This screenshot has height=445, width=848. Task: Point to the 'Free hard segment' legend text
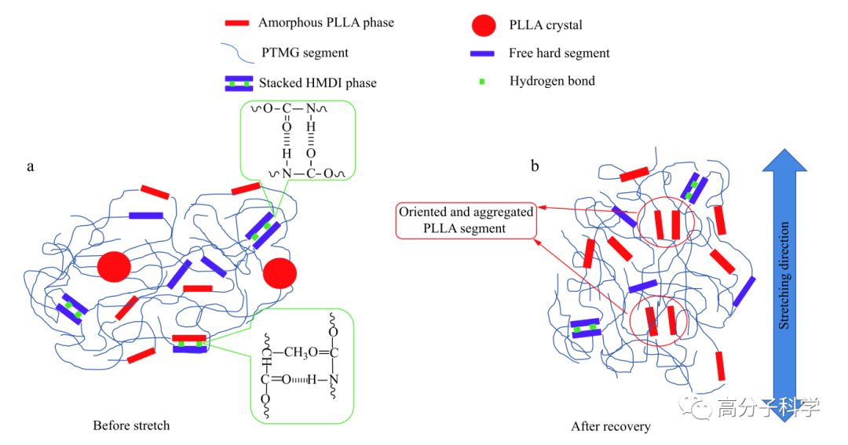[x=559, y=53]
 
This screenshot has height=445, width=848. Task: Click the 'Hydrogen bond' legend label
[x=552, y=81]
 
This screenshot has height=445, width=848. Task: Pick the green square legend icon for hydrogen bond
[x=484, y=81]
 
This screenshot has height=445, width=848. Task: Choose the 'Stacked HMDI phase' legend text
[x=315, y=83]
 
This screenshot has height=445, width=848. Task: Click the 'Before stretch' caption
[x=131, y=425]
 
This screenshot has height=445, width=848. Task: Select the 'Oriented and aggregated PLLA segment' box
[x=466, y=221]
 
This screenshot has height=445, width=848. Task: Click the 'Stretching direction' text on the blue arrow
[x=783, y=275]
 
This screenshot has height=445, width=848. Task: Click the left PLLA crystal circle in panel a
[x=114, y=267]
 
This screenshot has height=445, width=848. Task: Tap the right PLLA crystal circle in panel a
[x=280, y=273]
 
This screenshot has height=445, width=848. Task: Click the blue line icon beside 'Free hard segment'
[x=484, y=53]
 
